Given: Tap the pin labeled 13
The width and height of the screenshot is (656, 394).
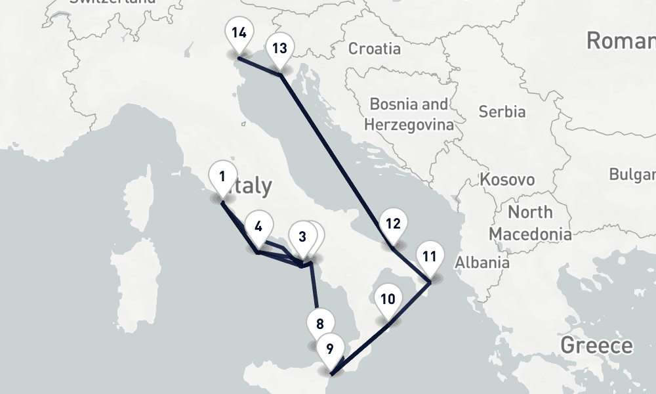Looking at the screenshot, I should (x=279, y=50).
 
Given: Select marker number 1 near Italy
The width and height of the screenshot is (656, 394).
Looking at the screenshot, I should (x=222, y=177).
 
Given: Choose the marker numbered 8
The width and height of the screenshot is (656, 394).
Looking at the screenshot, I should (x=319, y=324).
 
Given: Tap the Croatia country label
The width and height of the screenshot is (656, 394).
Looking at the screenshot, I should (x=374, y=49).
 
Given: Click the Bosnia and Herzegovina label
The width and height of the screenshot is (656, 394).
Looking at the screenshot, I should (x=409, y=114).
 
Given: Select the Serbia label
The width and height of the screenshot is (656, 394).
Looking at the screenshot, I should (x=502, y=112).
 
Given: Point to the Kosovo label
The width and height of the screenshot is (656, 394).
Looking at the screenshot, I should (x=507, y=179).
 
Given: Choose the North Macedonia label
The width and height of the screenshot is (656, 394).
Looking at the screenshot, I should (x=529, y=223).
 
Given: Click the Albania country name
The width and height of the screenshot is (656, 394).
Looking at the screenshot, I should (x=482, y=263).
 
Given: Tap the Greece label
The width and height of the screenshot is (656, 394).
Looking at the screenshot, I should (x=596, y=345).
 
